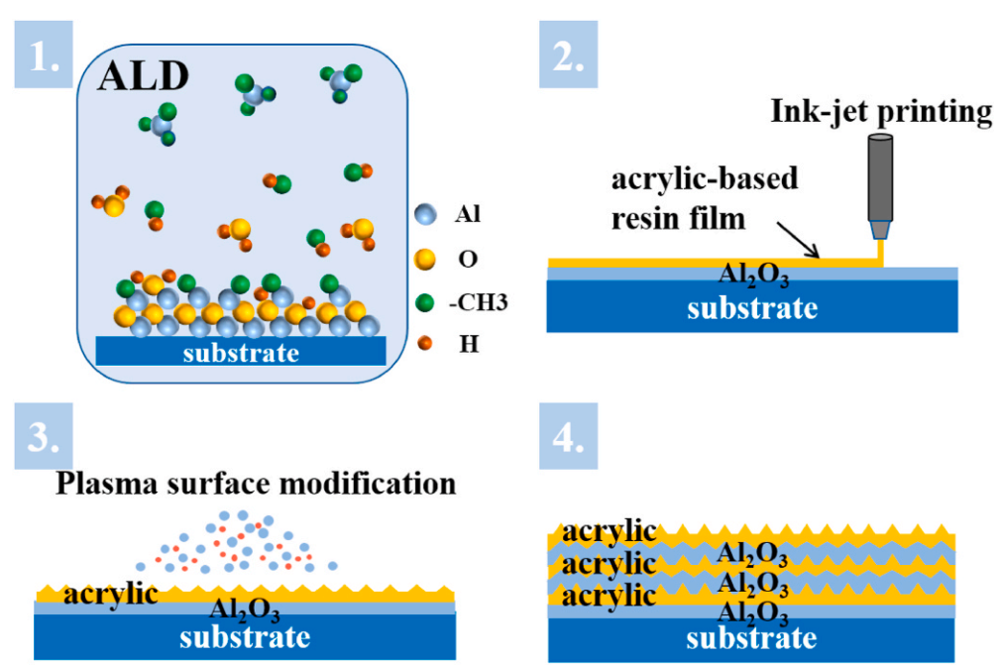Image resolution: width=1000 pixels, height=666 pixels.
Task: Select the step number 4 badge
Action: coord(568,439)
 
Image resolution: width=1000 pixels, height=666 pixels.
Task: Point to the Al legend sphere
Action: coord(425,214)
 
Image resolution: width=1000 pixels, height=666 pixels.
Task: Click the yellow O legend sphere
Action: coord(425,259)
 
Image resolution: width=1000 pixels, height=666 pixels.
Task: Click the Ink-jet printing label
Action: coord(881,112)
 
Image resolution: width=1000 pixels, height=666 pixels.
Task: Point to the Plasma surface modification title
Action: coord(257,484)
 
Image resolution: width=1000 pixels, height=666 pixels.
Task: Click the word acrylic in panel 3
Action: coord(111,594)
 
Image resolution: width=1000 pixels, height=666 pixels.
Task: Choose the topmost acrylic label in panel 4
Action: coord(610,532)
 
